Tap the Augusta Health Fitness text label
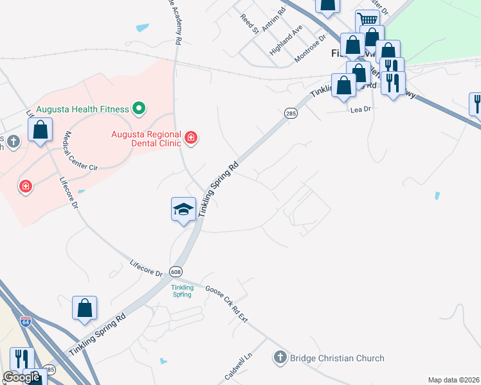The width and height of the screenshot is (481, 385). [x=82, y=109]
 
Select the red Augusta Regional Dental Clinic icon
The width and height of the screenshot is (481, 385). [x=190, y=137]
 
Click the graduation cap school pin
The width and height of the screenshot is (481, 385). [x=183, y=209]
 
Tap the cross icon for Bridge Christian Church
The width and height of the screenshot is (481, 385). [x=280, y=357]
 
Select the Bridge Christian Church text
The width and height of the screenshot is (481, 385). [x=337, y=358]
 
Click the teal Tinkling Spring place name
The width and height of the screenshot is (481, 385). [x=182, y=291]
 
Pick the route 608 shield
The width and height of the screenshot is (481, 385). [x=176, y=271]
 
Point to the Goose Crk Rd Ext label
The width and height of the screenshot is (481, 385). [x=226, y=304]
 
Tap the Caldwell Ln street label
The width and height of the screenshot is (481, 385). [x=237, y=363]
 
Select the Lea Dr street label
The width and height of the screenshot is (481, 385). [x=361, y=110]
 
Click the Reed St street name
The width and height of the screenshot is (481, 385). [x=250, y=24]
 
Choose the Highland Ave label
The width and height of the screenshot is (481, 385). [x=286, y=40]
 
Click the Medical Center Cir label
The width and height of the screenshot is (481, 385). [x=80, y=151]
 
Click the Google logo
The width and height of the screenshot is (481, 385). [x=22, y=377]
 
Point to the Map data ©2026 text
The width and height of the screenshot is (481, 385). [x=453, y=380]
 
